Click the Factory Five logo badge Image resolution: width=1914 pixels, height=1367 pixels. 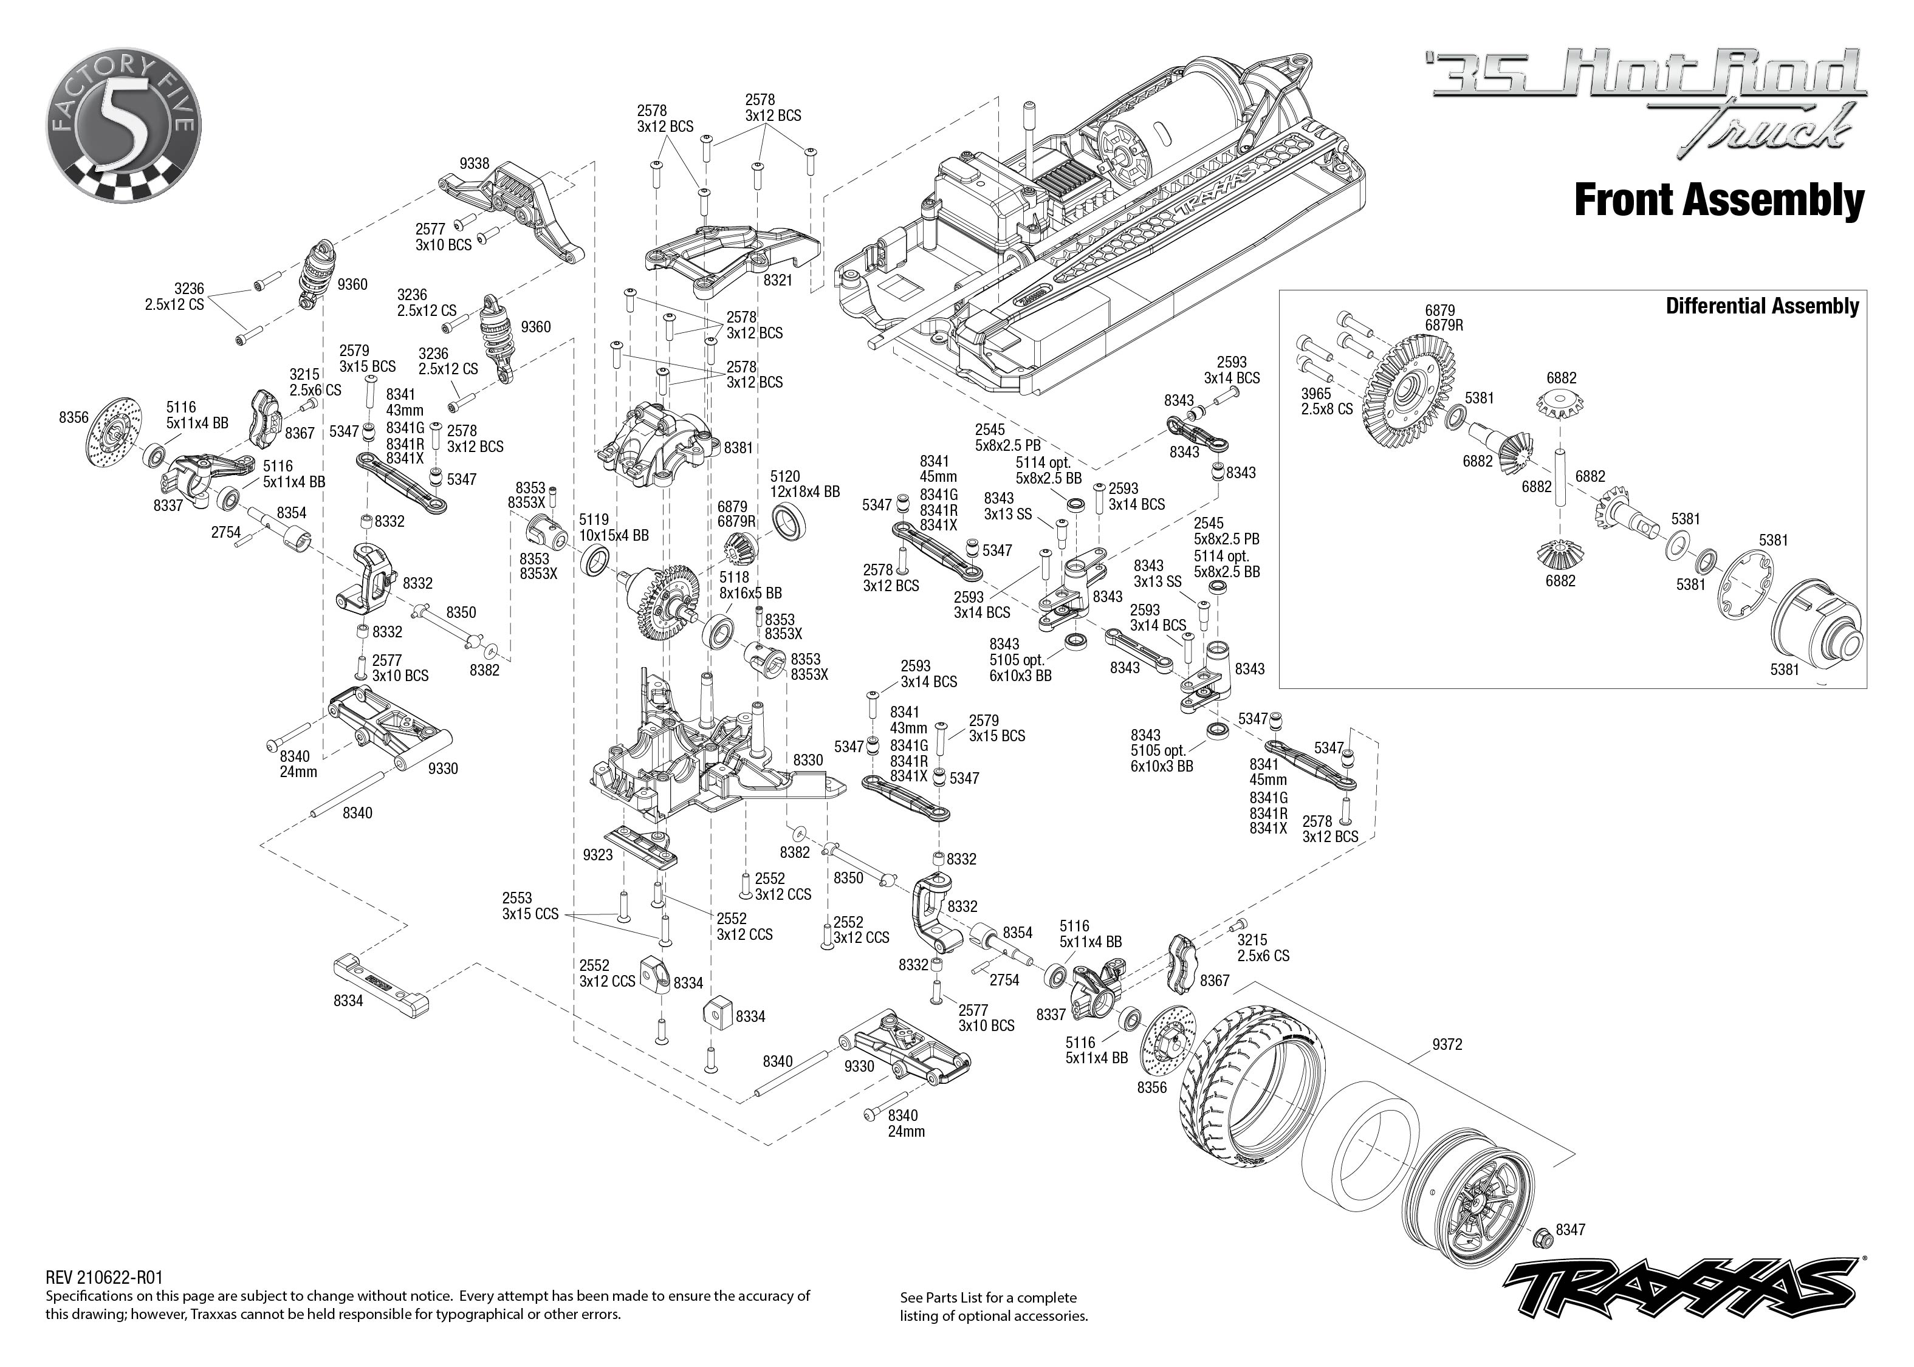click(x=124, y=125)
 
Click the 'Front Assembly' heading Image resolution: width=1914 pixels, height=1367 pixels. click(x=1719, y=201)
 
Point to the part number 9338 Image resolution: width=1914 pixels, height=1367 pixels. click(x=475, y=163)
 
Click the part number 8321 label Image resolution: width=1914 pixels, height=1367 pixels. click(x=778, y=280)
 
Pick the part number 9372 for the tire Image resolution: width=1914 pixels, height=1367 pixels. click(x=1447, y=1044)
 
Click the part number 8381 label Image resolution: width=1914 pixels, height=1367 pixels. click(x=738, y=448)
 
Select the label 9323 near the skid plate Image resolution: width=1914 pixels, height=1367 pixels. click(x=598, y=855)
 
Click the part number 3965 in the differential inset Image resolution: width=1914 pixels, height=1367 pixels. click(x=1316, y=393)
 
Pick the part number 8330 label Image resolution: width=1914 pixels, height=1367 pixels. click(x=808, y=760)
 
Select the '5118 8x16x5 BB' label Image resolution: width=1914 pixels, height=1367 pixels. click(x=750, y=585)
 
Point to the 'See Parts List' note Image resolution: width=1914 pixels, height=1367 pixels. click(x=993, y=1306)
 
